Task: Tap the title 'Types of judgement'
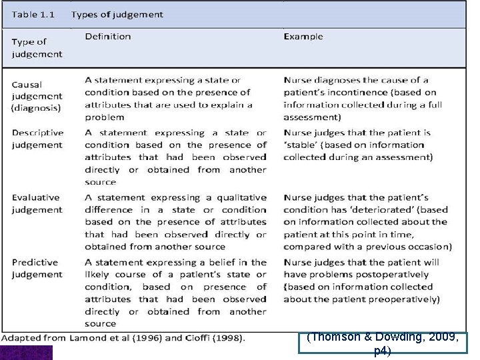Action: [x=117, y=14]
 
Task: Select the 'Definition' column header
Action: [x=108, y=37]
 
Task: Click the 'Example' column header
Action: [x=303, y=37]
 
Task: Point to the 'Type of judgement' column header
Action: [x=36, y=48]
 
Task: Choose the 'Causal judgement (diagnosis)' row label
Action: [x=36, y=95]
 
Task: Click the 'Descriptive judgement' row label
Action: [x=37, y=139]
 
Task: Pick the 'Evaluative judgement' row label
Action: [x=36, y=203]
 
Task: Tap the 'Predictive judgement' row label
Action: [x=37, y=268]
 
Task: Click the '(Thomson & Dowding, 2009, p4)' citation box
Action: [x=383, y=343]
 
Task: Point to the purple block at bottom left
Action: [x=26, y=353]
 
